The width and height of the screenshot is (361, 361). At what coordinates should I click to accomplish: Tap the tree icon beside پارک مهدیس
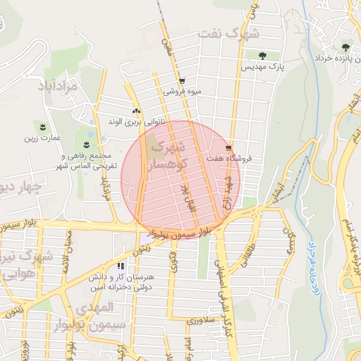click(262, 55)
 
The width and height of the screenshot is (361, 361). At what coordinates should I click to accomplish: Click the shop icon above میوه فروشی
click(182, 81)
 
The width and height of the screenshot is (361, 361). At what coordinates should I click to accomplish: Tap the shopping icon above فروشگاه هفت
click(228, 148)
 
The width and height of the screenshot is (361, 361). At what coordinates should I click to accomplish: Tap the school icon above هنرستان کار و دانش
click(121, 267)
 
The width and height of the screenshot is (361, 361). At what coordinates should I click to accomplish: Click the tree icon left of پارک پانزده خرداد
click(345, 47)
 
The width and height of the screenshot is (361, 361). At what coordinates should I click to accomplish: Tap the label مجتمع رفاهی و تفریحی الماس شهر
click(84, 160)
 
